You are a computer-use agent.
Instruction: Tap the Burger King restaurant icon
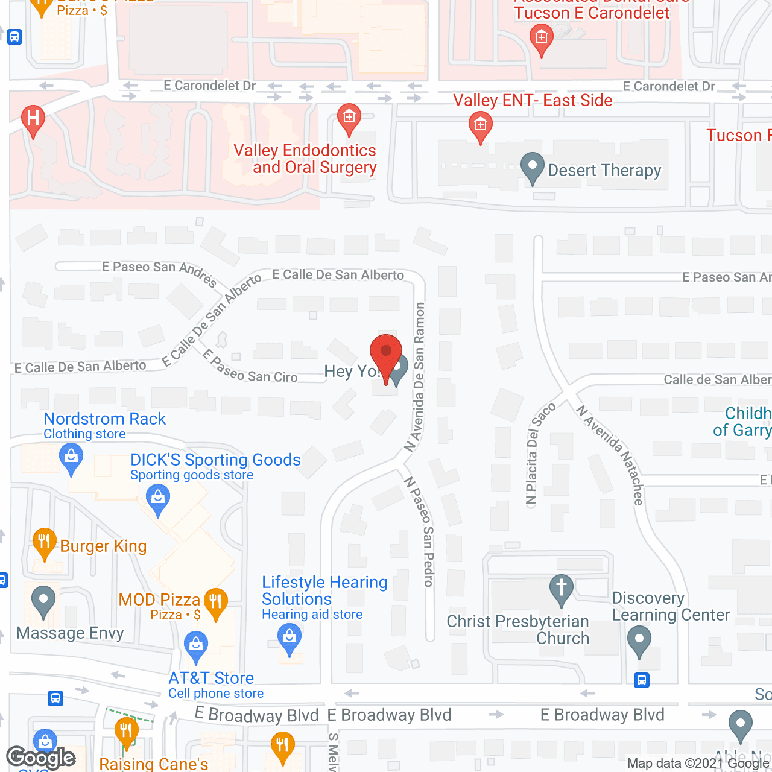(x=44, y=540)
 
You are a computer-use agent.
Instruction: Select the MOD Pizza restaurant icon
(x=215, y=601)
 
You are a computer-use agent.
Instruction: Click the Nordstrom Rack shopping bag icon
(x=71, y=457)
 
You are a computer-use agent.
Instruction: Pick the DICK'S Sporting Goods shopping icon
(x=158, y=499)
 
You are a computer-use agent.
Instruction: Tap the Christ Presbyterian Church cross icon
(x=562, y=587)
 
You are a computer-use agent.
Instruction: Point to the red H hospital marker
(x=33, y=118)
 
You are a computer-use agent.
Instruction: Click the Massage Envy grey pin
(x=43, y=601)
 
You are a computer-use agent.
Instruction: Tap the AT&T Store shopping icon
(x=195, y=645)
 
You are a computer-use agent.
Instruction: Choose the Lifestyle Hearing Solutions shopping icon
(x=289, y=637)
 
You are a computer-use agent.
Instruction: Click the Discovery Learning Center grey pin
(x=639, y=640)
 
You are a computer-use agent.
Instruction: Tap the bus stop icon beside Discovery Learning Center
(x=642, y=681)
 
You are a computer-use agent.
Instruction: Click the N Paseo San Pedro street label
(x=420, y=531)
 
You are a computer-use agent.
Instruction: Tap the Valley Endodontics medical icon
(x=349, y=116)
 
